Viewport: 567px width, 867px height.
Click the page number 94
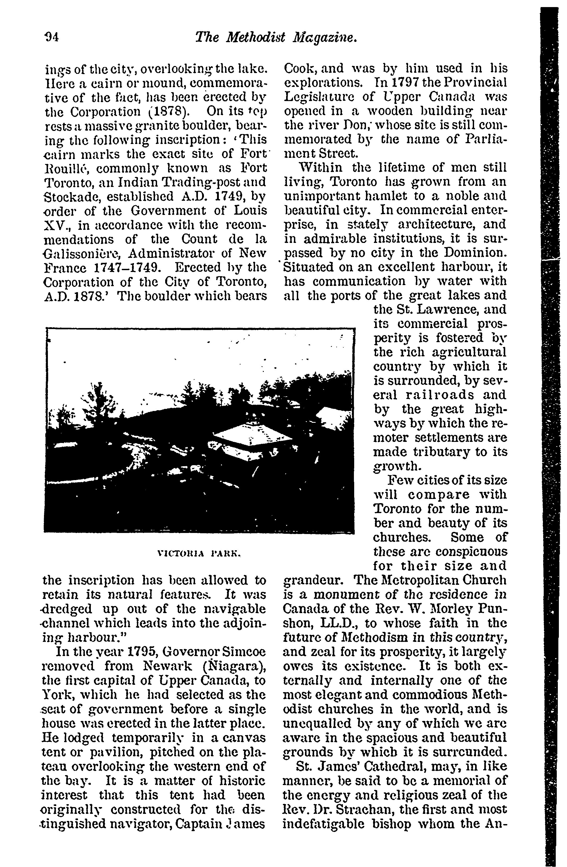[x=51, y=37]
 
